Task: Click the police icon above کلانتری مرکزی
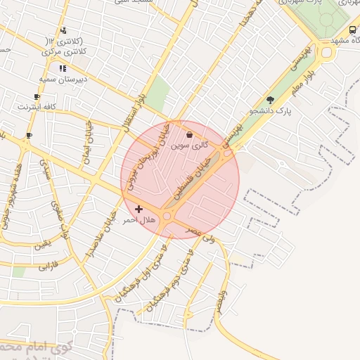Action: click(x=64, y=30)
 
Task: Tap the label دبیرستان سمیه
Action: click(x=63, y=79)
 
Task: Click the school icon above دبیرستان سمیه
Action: click(x=63, y=69)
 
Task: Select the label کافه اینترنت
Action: click(x=37, y=107)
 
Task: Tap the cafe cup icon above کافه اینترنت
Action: click(x=37, y=96)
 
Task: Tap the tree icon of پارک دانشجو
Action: click(x=271, y=100)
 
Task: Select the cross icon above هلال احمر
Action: click(x=139, y=209)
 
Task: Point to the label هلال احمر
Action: click(x=139, y=220)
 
